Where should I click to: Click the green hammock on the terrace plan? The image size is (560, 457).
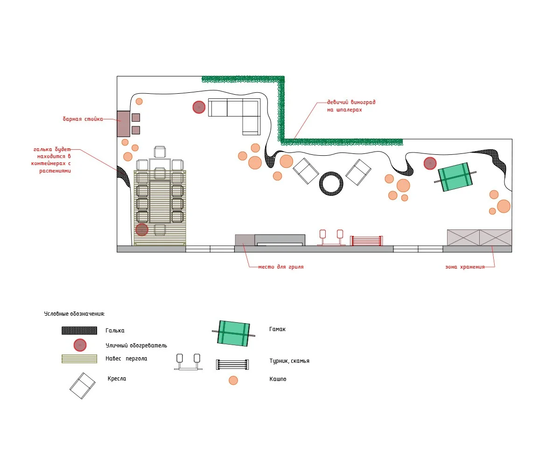pyautogui.click(x=455, y=177)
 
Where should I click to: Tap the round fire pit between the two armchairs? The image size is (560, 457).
pyautogui.click(x=331, y=183)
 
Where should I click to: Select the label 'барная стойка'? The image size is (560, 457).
pyautogui.click(x=83, y=119)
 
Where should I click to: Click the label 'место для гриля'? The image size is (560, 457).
pyautogui.click(x=281, y=267)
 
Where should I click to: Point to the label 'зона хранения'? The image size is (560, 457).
pyautogui.click(x=464, y=267)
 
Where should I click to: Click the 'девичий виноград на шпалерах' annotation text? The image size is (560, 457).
pyautogui.click(x=351, y=106)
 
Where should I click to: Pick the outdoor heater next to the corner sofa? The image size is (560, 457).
pyautogui.click(x=199, y=107)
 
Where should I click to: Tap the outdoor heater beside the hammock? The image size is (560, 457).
pyautogui.click(x=430, y=163)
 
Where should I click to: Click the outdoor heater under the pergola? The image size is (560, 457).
pyautogui.click(x=142, y=229)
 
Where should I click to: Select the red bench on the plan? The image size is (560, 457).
pyautogui.click(x=366, y=241)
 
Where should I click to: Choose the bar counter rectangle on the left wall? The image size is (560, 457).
pyautogui.click(x=123, y=124)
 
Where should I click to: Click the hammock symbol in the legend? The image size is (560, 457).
pyautogui.click(x=233, y=333)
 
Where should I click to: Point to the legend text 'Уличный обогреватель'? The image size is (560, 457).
pyautogui.click(x=136, y=346)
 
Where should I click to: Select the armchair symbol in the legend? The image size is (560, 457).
pyautogui.click(x=83, y=385)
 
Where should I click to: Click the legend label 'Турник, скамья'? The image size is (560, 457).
pyautogui.click(x=289, y=361)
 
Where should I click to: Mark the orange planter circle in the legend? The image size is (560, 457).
pyautogui.click(x=233, y=380)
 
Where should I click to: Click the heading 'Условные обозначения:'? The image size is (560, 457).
pyautogui.click(x=75, y=314)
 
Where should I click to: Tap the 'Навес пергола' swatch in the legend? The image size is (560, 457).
pyautogui.click(x=79, y=359)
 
